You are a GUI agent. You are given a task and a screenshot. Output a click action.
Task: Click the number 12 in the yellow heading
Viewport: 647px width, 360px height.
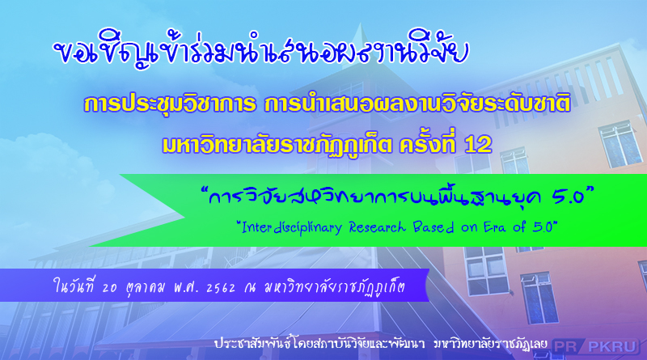(478, 145)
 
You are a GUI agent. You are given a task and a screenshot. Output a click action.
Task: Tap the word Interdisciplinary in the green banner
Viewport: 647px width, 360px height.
(292, 227)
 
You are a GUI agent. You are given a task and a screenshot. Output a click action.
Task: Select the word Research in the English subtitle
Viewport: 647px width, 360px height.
(378, 227)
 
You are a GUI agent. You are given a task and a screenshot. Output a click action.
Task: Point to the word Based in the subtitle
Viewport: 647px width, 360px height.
(433, 227)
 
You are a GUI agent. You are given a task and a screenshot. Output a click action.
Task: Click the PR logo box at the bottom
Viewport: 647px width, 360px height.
(565, 346)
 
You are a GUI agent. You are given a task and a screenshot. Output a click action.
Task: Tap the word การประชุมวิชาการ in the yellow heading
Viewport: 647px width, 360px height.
(170, 104)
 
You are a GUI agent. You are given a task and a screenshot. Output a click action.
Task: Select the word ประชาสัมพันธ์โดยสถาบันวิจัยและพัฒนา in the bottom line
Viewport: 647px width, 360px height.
(319, 345)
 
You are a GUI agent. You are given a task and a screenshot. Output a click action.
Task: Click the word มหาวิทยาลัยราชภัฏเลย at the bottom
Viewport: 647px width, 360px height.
(491, 345)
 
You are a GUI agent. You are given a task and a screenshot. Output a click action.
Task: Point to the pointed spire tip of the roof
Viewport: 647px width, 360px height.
(361, 23)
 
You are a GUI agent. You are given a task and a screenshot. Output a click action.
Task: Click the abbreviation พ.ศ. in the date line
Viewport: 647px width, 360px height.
(186, 287)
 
